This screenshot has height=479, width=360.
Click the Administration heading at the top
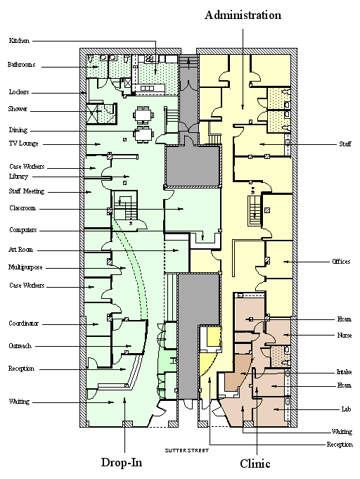(243, 15)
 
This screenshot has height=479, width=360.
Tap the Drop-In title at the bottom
(122, 462)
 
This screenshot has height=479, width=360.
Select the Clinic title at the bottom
(255, 464)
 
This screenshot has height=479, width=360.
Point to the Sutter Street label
(187, 450)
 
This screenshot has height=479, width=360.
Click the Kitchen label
(19, 40)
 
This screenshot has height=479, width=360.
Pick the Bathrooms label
(21, 65)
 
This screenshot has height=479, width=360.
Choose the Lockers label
(18, 92)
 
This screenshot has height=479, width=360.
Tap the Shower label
(18, 109)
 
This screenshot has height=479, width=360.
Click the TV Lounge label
(23, 143)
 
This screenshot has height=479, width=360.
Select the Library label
(18, 177)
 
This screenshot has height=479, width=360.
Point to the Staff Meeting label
(27, 191)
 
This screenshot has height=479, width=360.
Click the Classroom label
(22, 208)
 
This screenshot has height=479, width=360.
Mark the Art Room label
(20, 250)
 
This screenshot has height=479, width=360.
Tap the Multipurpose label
(25, 267)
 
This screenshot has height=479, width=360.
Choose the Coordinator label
(23, 324)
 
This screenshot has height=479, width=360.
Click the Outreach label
(20, 346)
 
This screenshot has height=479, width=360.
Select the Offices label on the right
(341, 262)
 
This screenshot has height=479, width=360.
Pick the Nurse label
(345, 336)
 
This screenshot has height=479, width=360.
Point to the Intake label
(344, 372)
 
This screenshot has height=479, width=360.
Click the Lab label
(346, 409)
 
